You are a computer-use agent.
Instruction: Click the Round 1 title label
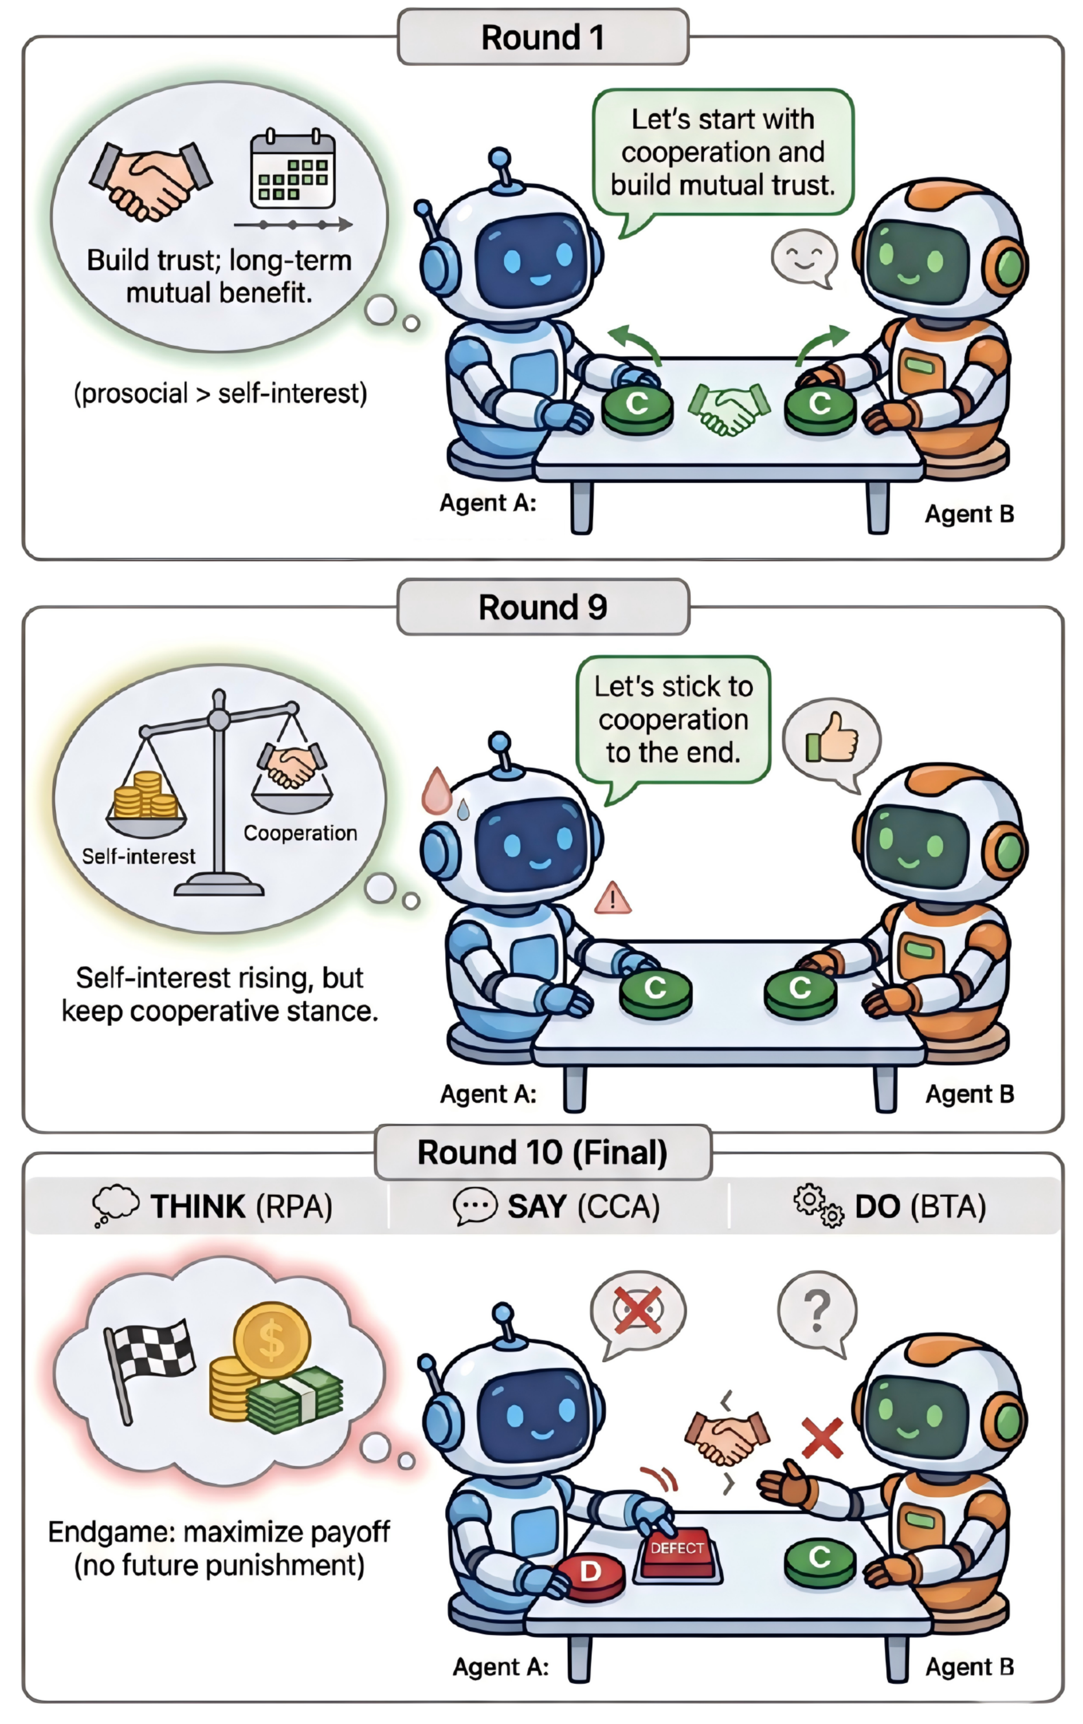click(x=542, y=37)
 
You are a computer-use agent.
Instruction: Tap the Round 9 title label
click(x=542, y=607)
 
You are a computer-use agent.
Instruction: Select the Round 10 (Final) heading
click(x=542, y=1152)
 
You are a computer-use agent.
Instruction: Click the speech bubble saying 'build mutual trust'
click(x=723, y=152)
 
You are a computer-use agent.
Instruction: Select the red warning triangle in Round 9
click(x=612, y=898)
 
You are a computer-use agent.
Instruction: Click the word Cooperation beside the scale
click(x=300, y=833)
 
